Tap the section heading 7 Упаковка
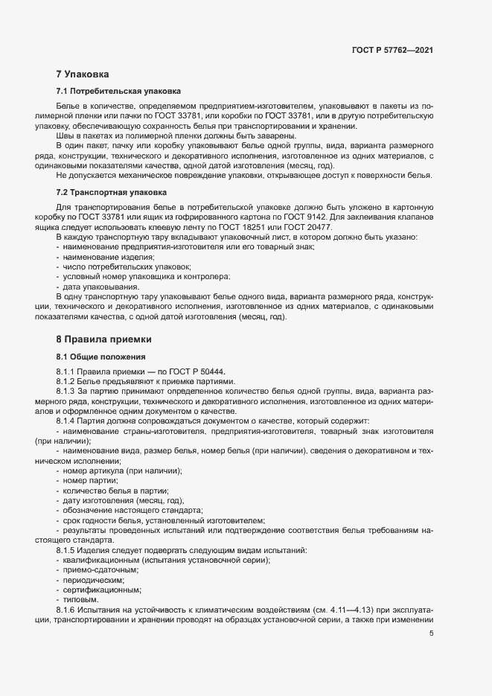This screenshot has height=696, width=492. [83, 74]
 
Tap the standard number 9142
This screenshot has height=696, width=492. [349, 217]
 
